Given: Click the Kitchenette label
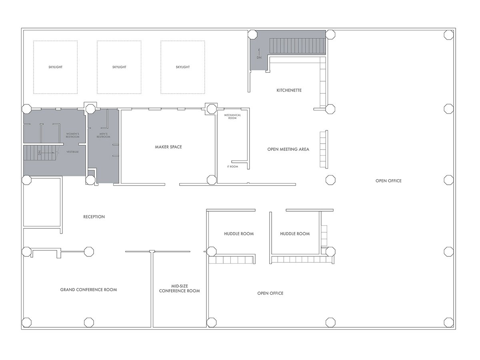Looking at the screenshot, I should pos(289,90).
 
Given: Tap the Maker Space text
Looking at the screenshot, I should pos(168,147).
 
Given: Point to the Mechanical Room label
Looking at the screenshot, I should pos(232,116).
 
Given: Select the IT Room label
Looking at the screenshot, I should pos(232,166).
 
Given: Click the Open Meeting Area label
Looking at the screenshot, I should pos(288,149).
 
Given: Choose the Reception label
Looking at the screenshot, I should pos(94,217).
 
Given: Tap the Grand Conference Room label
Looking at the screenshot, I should pos(88,290).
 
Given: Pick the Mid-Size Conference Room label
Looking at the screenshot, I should pos(179,288).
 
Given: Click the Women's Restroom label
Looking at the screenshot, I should pos(72,135).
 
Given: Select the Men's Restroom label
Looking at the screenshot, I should pos(103,135).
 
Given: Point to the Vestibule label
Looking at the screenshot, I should pos(72,152).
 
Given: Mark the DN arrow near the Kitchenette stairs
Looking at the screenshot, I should pos(259,53).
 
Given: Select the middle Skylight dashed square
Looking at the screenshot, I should pos(119,67).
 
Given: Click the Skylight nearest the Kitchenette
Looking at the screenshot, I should pos(182,67).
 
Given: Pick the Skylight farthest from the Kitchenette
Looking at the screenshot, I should pos(55,67).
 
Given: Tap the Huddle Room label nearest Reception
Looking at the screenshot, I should pos(239,234).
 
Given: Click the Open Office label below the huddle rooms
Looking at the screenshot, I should pos(270,293).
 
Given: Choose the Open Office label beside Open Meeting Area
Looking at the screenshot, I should pos(388,181).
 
